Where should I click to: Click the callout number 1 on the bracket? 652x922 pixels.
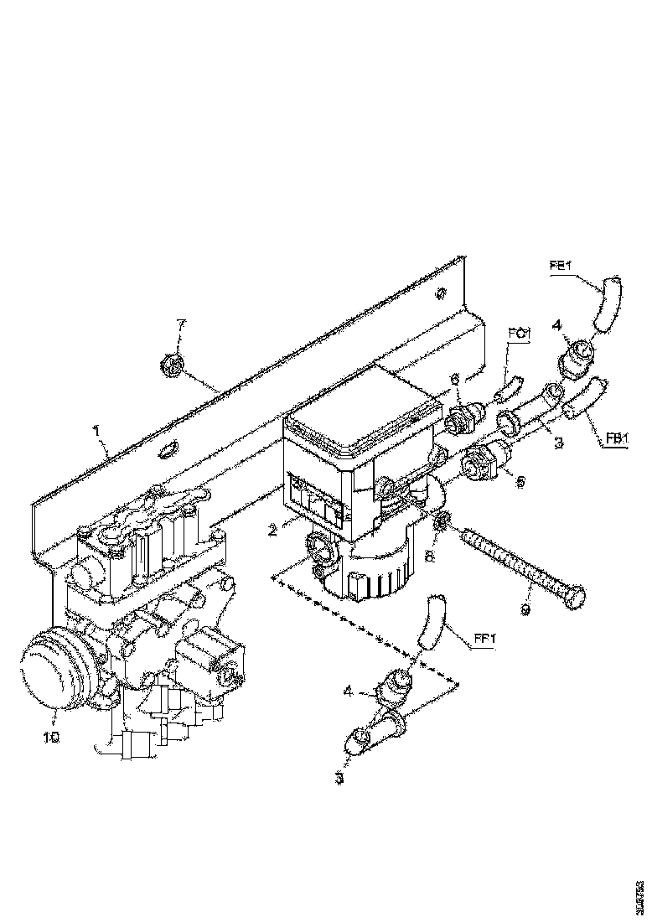(x=97, y=430)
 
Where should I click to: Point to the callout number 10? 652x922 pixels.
(x=52, y=737)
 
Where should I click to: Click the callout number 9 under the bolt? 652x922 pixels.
(x=525, y=610)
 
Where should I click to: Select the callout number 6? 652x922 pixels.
(x=455, y=380)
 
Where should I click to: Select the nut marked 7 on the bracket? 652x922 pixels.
(x=171, y=365)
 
